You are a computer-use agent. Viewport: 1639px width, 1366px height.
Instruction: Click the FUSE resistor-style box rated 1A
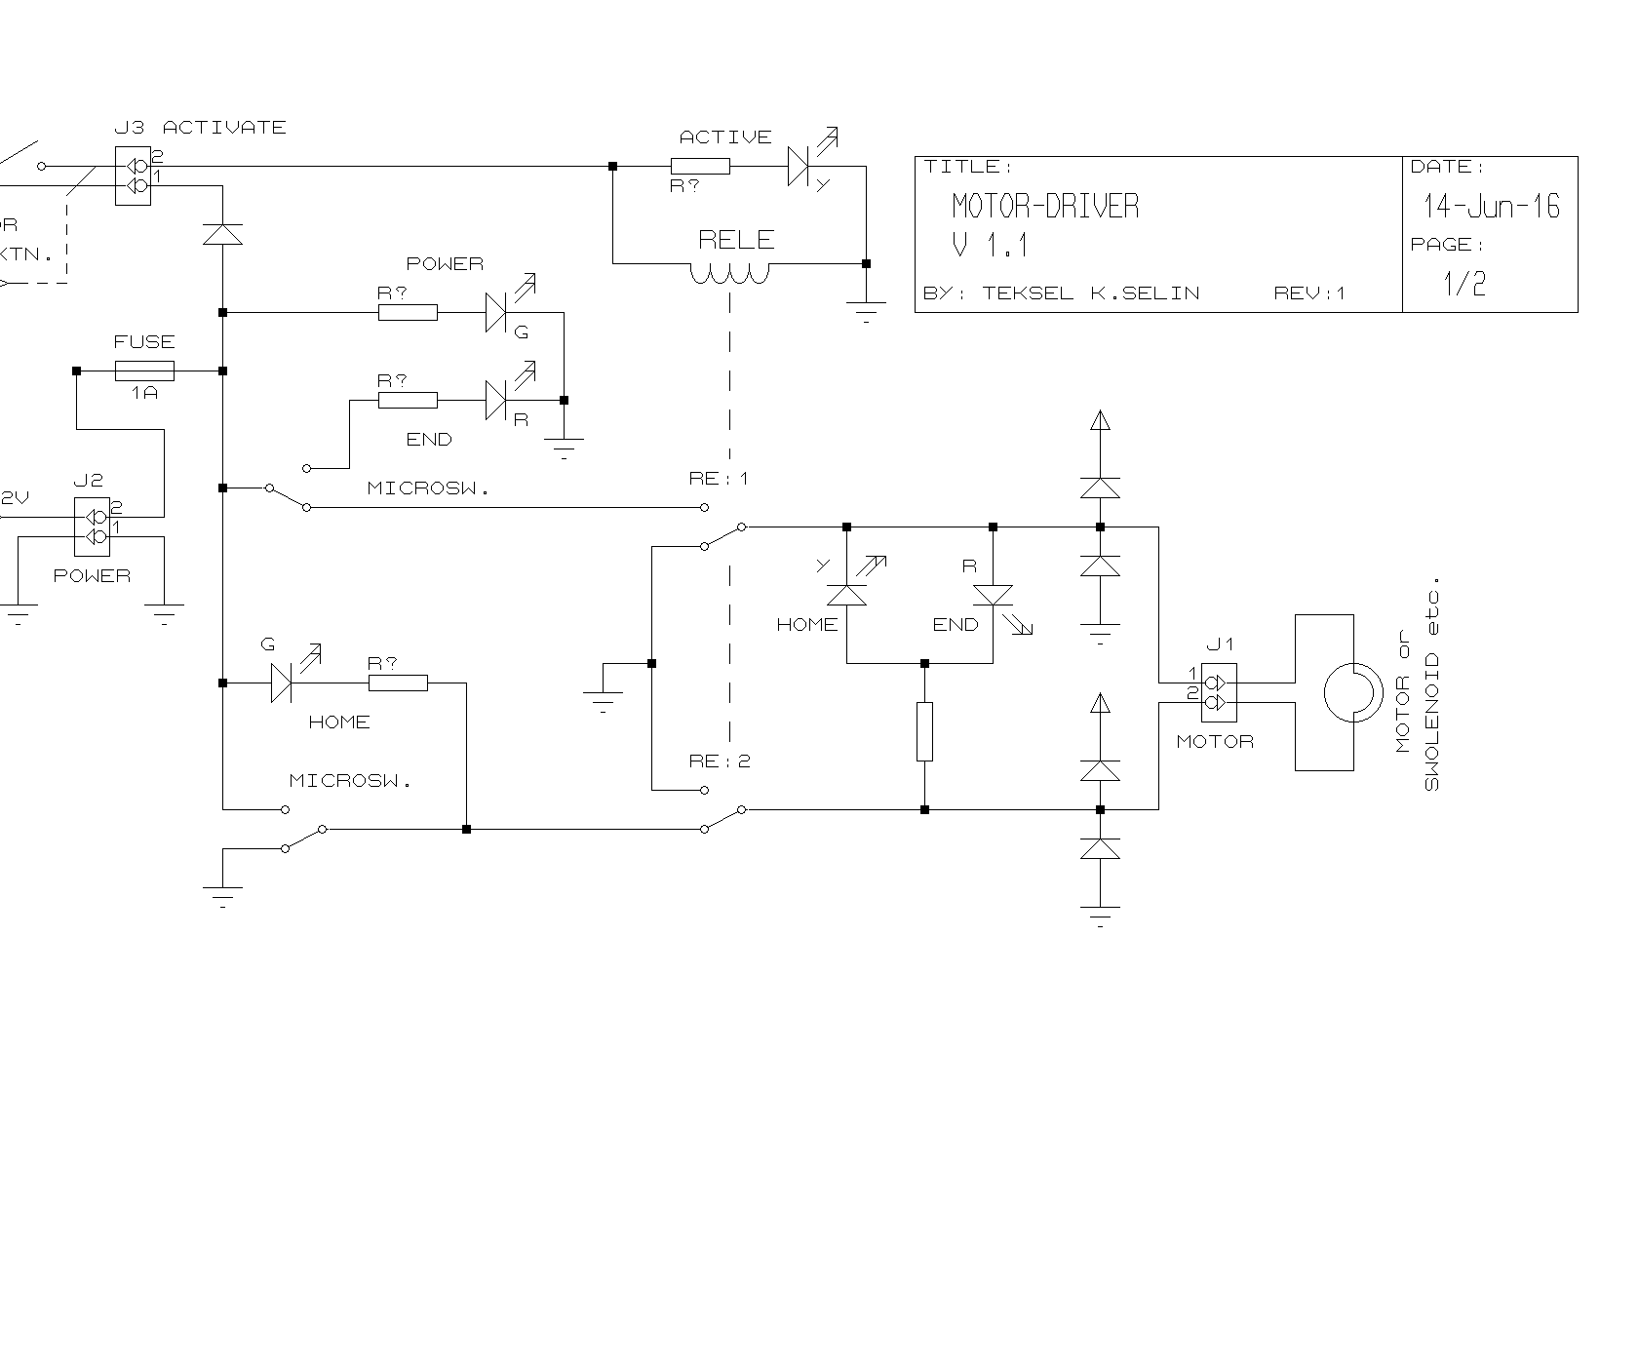coord(144,371)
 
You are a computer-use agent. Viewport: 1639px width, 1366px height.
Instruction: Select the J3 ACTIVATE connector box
coord(133,176)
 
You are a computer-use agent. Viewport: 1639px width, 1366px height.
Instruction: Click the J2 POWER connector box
coord(93,527)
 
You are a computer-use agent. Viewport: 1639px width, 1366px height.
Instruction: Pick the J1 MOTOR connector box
coord(1219,692)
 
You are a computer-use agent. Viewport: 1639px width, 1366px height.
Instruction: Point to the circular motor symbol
coord(1352,693)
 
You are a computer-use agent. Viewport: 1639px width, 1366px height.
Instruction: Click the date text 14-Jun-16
coord(1491,207)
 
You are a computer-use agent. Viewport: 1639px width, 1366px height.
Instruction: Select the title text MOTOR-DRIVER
coord(1044,206)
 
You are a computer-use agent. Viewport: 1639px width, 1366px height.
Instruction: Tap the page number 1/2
coord(1464,284)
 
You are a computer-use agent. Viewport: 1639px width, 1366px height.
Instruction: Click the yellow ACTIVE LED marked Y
coord(799,167)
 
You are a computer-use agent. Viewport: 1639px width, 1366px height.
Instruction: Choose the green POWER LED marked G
coord(496,313)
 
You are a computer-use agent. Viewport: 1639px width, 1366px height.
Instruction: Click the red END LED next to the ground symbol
coord(496,400)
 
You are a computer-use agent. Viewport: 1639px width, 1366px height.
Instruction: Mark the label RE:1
coord(719,479)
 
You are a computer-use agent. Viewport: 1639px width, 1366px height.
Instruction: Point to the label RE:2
coord(720,761)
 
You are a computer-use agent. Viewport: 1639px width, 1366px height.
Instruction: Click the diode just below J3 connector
coord(222,234)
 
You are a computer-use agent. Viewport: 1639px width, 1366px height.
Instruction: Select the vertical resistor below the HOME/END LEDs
coord(924,731)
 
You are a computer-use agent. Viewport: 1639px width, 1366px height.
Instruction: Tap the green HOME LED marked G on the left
coord(282,683)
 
